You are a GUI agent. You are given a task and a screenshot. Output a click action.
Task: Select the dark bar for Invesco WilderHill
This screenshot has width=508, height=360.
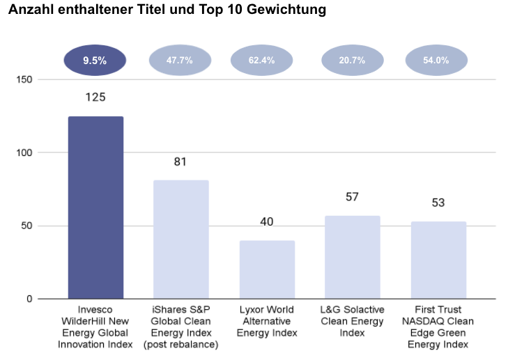pyautogui.click(x=95, y=208)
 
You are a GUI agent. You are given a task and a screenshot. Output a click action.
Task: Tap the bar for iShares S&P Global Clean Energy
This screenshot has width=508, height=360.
pyautogui.click(x=181, y=240)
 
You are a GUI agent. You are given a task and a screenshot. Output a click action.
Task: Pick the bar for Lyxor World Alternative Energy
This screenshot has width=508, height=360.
pyautogui.click(x=267, y=269)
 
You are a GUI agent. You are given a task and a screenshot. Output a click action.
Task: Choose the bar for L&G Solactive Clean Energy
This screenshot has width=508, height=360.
pyautogui.click(x=352, y=257)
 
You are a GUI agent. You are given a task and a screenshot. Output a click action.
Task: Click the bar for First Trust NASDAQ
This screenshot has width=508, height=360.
pyautogui.click(x=438, y=260)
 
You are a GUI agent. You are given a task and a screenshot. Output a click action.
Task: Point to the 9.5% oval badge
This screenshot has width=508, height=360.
pyautogui.click(x=95, y=61)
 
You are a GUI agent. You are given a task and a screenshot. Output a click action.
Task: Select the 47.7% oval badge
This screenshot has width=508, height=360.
pyautogui.click(x=180, y=61)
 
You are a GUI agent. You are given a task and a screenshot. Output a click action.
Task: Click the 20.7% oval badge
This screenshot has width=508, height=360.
pyautogui.click(x=352, y=61)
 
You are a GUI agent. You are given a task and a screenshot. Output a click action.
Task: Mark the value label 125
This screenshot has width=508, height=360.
pyautogui.click(x=95, y=97)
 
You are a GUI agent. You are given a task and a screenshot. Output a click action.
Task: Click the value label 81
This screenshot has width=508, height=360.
pyautogui.click(x=181, y=162)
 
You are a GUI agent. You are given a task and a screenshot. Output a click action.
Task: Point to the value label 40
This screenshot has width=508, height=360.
pyautogui.click(x=267, y=222)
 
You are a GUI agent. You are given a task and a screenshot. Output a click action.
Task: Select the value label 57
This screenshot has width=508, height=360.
pyautogui.click(x=352, y=197)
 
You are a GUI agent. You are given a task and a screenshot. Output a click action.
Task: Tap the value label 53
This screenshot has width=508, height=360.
pyautogui.click(x=438, y=203)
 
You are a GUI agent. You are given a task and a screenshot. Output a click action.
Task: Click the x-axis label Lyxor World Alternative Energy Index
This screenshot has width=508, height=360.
pyautogui.click(x=267, y=321)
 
